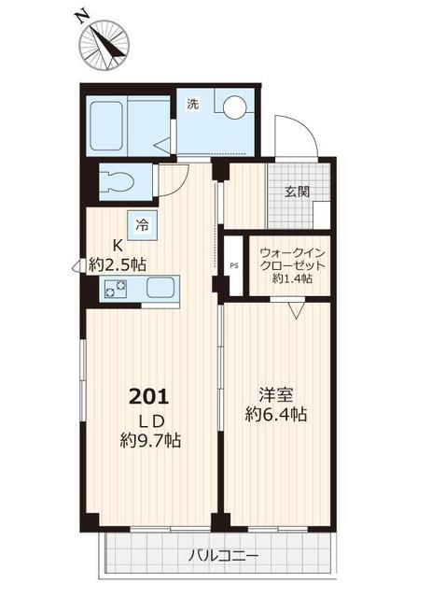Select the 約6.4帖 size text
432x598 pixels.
point(278,414)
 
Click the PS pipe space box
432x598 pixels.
point(233,264)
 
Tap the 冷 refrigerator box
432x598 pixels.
point(143,224)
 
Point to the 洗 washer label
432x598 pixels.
point(192,104)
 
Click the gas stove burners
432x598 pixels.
point(114,290)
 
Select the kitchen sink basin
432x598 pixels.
point(160,289)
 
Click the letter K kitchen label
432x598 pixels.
point(118,245)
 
